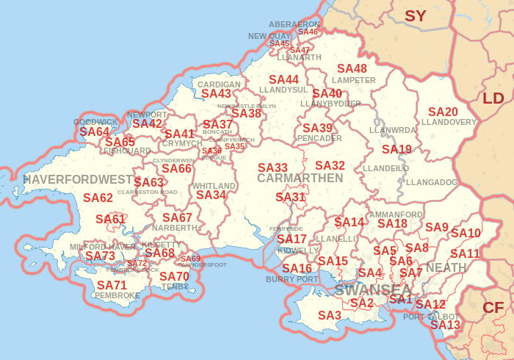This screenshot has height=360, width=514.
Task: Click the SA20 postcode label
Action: point(443,112)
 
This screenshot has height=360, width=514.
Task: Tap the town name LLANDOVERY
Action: point(449,122)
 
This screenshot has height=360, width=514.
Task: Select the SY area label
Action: point(416,15)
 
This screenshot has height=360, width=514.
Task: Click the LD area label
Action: point(493,98)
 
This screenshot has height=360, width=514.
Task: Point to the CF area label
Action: point(492,308)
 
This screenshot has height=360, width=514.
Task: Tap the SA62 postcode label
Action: point(98,198)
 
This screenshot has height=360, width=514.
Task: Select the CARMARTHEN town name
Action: point(300,179)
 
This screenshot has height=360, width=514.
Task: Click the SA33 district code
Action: point(272,168)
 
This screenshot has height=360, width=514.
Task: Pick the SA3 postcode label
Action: point(330,315)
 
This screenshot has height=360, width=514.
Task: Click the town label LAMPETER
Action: point(353,80)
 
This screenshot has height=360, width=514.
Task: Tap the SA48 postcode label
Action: point(352,69)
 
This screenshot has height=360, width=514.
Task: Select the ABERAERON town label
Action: point(294,24)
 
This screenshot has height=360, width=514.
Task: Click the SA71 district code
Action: point(112,285)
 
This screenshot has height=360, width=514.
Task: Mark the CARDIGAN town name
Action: point(219,84)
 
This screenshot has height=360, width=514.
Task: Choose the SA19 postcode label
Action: point(397,149)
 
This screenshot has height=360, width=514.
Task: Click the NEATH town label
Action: point(446,267)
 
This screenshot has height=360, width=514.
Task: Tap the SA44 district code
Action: point(283,79)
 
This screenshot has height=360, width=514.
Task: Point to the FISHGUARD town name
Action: point(126,151)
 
